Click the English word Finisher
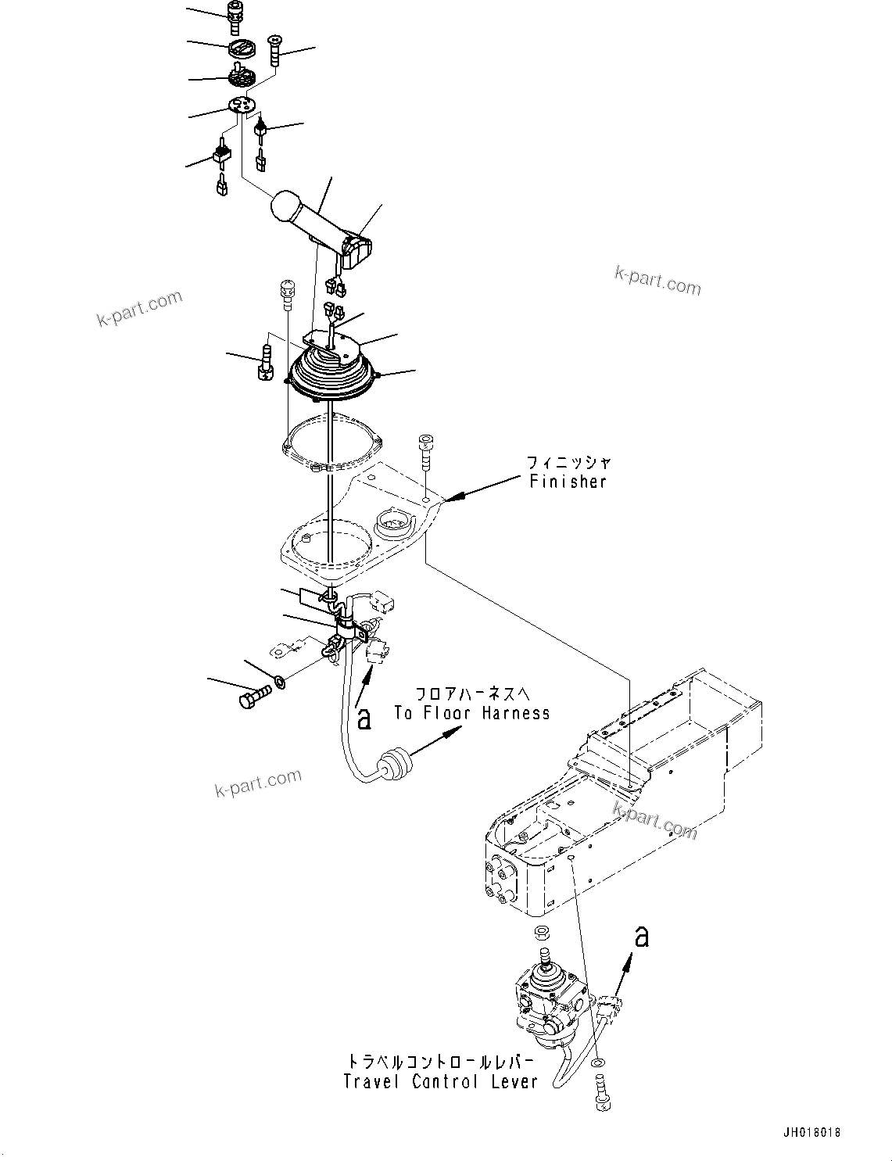[568, 482]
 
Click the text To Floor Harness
[471, 712]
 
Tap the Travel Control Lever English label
[441, 1081]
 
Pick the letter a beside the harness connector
[364, 718]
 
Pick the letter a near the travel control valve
[641, 936]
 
